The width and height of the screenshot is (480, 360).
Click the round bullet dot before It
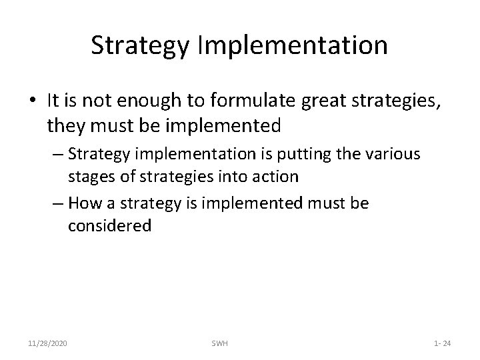click(x=34, y=101)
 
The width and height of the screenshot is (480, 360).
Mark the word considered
click(x=109, y=225)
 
